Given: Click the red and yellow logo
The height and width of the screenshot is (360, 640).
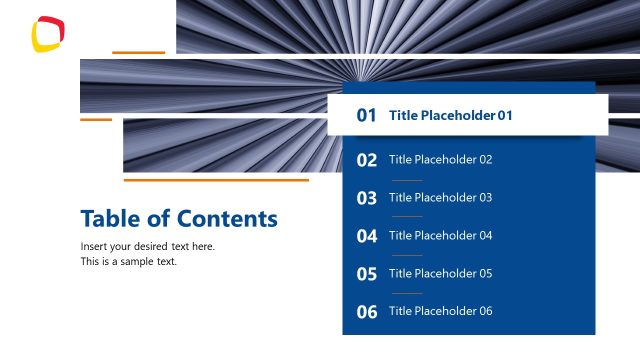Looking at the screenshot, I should point(48,33).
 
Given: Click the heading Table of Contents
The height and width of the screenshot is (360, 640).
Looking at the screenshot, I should point(179,218).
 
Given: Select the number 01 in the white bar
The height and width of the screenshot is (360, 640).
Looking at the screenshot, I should point(367,115).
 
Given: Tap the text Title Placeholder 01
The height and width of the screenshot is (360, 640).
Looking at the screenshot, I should point(450,115).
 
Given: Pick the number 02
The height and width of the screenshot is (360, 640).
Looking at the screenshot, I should point(367,160).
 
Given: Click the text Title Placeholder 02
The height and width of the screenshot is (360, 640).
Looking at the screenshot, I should point(440,159).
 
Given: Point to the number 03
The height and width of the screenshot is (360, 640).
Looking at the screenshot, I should point(367,198).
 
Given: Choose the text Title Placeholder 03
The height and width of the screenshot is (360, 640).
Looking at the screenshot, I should point(440,197).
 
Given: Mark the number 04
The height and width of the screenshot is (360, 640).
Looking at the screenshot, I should point(367,236).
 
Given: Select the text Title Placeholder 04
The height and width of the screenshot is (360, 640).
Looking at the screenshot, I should point(440,235).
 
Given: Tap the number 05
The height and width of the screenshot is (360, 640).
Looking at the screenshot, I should point(367,274).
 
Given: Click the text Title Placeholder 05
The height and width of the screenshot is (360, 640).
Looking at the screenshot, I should point(440,273).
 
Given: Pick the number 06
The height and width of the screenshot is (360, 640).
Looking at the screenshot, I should point(367,312).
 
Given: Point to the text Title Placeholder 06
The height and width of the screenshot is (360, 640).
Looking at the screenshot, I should point(440,311).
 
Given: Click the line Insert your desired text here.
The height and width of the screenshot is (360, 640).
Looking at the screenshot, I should point(148,246).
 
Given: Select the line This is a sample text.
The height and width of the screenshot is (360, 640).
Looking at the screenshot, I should point(128,261).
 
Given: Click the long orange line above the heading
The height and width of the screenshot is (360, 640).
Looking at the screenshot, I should point(216,180).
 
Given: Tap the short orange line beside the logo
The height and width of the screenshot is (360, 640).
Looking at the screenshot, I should point(138,52).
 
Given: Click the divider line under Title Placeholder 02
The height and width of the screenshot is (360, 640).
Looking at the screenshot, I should point(406,179).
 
